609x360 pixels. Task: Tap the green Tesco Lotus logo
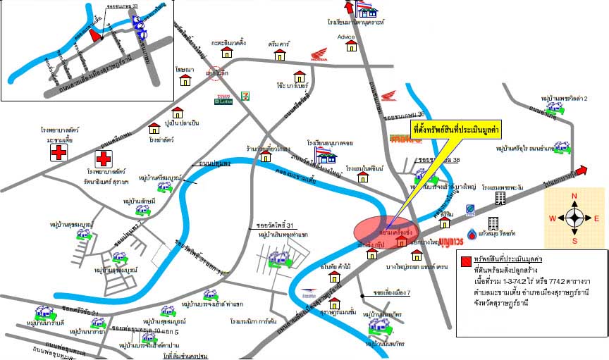223,99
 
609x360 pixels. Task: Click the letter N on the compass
574,197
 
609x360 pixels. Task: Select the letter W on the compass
553,218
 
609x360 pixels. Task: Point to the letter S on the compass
574,240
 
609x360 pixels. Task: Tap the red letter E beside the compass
596,218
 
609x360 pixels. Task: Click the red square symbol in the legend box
465,261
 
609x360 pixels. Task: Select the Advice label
346,37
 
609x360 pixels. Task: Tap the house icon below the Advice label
351,46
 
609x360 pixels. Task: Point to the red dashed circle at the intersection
216,73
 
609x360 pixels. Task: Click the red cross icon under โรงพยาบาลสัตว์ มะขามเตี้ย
59,153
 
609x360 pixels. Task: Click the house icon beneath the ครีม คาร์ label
280,54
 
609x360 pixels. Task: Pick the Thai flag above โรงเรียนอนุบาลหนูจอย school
322,149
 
